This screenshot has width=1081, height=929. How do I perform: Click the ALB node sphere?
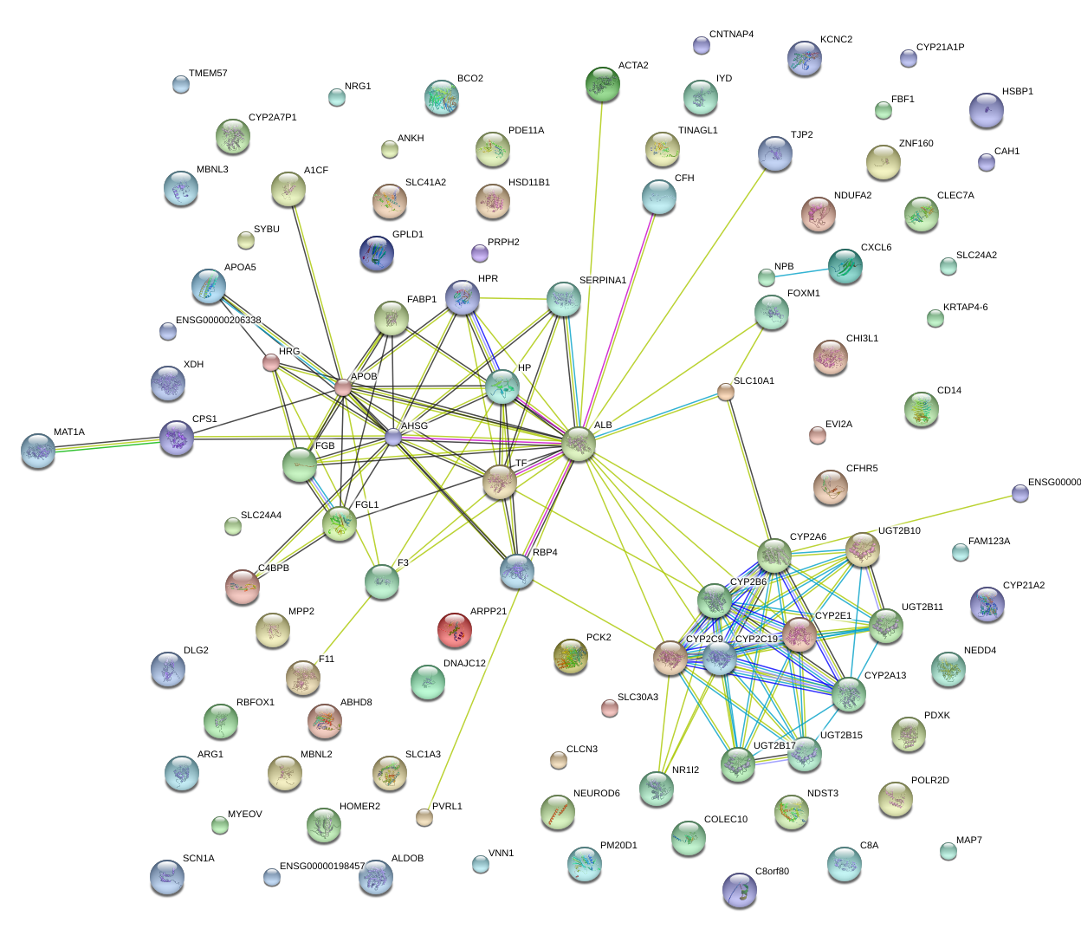click(579, 444)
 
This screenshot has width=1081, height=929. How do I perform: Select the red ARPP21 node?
click(455, 631)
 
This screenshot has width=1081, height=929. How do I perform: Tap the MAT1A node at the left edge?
click(38, 451)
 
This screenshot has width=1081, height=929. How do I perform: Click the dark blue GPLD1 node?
click(377, 253)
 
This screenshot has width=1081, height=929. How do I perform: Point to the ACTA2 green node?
click(602, 84)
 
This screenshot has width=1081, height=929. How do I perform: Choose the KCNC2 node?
click(805, 58)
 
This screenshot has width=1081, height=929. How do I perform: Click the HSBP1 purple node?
click(987, 111)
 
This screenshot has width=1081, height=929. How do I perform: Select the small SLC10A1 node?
click(726, 393)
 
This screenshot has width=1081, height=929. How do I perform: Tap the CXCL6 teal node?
click(845, 266)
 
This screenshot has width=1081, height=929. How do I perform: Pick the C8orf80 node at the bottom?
click(740, 890)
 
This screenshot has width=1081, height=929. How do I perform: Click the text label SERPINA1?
click(602, 281)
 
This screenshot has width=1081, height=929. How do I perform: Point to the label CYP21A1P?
click(940, 49)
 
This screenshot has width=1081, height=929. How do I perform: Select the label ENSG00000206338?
click(218, 321)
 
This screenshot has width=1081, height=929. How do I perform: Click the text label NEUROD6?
click(596, 794)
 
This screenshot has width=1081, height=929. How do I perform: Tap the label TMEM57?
click(208, 74)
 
